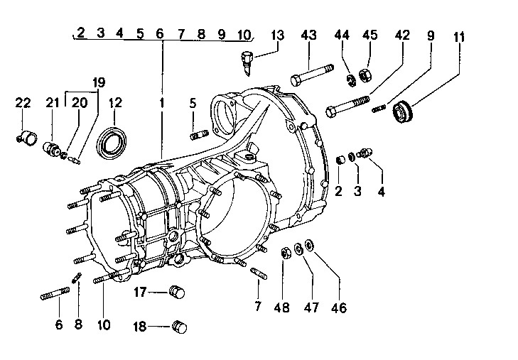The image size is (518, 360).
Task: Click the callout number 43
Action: click(x=308, y=36)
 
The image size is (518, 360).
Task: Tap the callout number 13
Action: click(x=277, y=36)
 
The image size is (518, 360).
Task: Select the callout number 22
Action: click(x=23, y=104)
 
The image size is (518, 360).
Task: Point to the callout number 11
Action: click(x=460, y=36)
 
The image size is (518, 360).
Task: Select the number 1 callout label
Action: click(x=162, y=104)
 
